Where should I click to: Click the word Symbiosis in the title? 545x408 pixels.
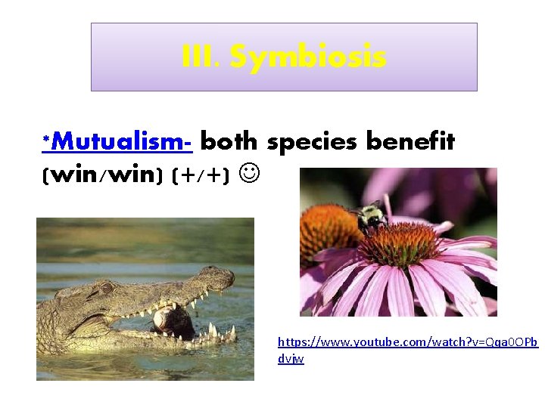click(308, 57)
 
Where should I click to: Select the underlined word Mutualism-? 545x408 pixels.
click(122, 142)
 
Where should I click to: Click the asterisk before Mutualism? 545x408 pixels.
click(46, 140)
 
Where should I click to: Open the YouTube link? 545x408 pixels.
click(408, 342)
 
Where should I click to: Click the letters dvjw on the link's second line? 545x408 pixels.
click(291, 359)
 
